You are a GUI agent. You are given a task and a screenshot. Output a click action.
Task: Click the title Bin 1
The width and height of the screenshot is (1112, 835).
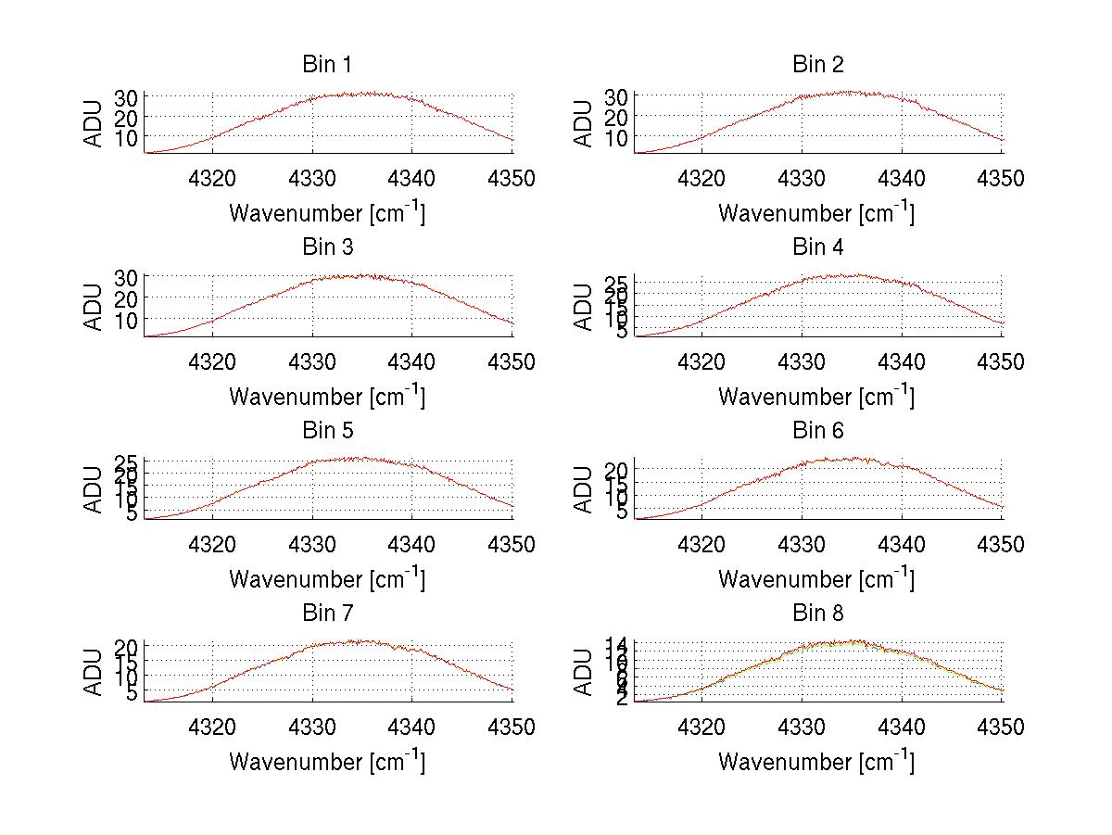click(x=327, y=64)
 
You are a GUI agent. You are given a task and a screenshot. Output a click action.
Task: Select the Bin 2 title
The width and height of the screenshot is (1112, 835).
click(x=817, y=64)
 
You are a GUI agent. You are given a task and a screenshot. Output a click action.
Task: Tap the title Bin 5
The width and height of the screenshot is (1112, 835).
click(x=327, y=430)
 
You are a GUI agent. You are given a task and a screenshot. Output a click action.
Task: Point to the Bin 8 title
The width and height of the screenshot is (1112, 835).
click(x=817, y=613)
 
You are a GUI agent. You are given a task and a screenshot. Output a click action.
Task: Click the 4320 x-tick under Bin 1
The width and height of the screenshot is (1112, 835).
click(x=213, y=179)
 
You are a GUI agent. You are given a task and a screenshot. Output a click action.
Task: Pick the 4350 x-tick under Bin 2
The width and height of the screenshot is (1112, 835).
click(x=1002, y=179)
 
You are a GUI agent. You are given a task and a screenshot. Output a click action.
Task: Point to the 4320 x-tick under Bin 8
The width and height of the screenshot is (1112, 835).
click(x=702, y=727)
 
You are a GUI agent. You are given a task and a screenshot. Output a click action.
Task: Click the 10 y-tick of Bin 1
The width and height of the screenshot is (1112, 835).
click(x=127, y=137)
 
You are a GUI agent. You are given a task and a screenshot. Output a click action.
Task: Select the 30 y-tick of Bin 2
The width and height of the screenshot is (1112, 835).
click(x=616, y=96)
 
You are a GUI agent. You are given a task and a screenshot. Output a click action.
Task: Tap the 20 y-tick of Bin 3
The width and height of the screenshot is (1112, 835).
click(x=127, y=298)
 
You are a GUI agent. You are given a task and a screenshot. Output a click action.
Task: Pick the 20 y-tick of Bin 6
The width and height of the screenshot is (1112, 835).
click(x=616, y=470)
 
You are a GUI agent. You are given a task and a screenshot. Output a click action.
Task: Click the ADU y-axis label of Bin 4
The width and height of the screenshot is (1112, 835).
click(x=584, y=307)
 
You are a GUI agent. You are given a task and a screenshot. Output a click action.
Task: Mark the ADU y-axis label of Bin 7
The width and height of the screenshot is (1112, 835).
click(x=95, y=673)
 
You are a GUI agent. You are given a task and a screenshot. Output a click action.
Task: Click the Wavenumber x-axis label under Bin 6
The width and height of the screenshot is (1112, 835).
click(x=816, y=579)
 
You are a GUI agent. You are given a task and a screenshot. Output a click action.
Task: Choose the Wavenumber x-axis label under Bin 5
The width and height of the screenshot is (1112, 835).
click(x=327, y=579)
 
